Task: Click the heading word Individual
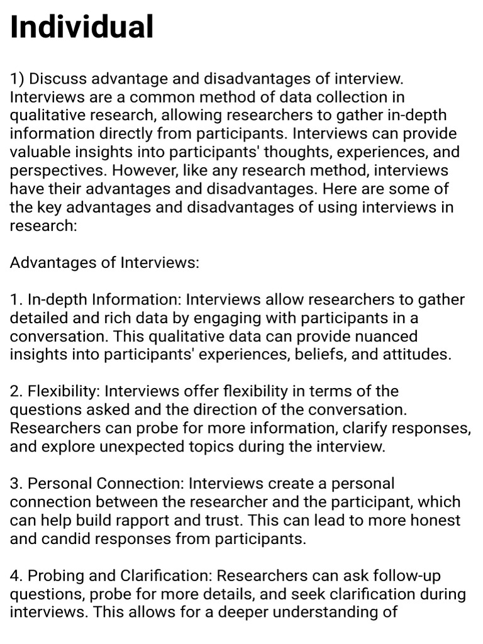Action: (82, 27)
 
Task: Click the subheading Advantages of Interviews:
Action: (104, 263)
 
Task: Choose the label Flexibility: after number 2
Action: (64, 391)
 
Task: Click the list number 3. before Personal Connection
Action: (17, 484)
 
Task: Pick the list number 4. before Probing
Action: (17, 575)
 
